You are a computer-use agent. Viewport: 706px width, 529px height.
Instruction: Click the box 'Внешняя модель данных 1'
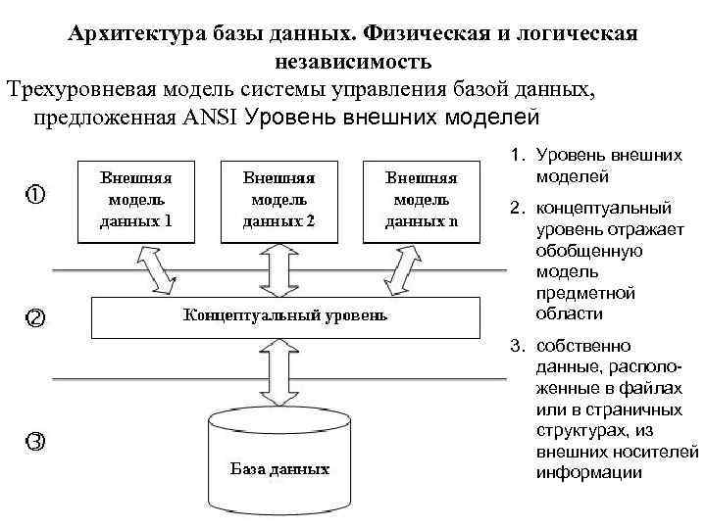(135, 199)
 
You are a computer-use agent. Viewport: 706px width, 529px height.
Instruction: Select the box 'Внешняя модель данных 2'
(278, 199)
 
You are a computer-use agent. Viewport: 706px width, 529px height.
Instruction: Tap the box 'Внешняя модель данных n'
(421, 199)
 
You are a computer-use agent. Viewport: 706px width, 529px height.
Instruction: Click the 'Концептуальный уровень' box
(285, 316)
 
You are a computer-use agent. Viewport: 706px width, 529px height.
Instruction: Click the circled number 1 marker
(34, 194)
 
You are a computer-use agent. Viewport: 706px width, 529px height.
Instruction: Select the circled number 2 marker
(34, 317)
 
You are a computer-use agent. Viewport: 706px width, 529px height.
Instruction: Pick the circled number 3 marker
(34, 441)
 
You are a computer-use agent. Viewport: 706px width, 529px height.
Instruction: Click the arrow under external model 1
(158, 268)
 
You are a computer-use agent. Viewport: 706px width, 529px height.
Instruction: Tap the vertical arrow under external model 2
(279, 268)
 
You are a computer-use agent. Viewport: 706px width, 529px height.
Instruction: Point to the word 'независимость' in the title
(352, 63)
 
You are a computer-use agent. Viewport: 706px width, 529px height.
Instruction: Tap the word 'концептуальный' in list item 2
(597, 208)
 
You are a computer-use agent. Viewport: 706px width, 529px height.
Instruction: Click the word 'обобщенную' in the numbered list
(588, 251)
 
